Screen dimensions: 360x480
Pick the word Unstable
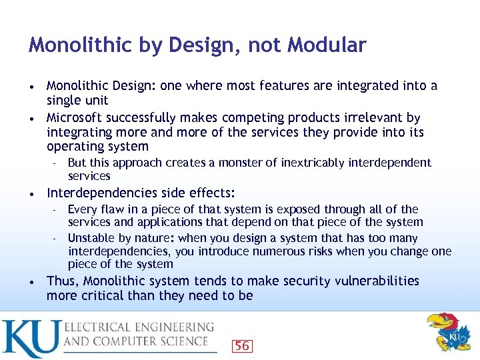(93, 238)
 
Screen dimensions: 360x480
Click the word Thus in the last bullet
(62, 281)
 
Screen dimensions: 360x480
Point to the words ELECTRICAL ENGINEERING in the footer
(139, 327)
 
